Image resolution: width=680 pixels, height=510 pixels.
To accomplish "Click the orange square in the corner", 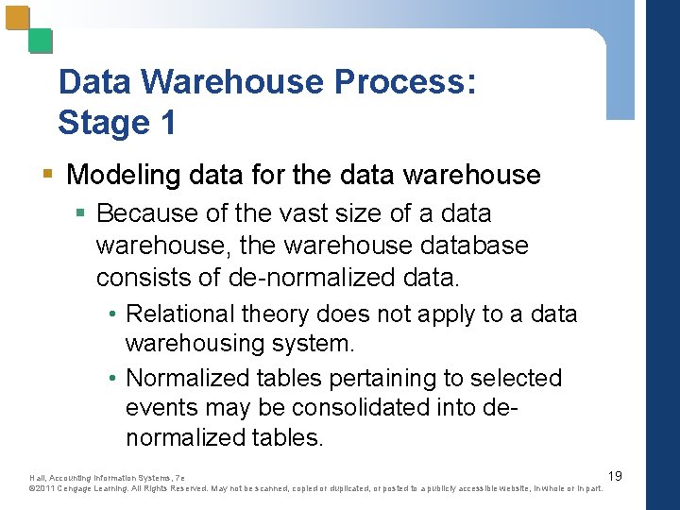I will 18,20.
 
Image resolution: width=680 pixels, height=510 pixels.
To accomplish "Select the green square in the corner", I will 40,41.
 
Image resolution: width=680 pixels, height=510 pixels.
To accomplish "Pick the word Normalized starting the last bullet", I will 185,378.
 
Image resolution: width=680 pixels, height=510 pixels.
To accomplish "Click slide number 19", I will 614,475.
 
